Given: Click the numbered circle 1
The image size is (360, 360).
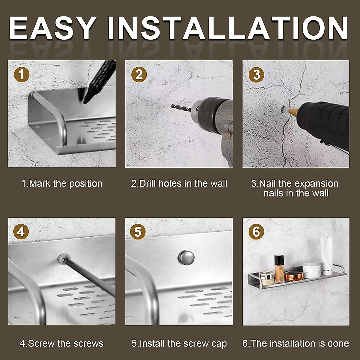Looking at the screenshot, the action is click(22, 75).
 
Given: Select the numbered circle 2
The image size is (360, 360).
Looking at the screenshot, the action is click(139, 74).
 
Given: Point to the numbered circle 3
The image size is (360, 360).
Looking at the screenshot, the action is click(256, 75).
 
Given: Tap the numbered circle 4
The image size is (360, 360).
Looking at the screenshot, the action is click(21, 232).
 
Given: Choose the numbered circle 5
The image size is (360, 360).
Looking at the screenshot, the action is click(138, 232).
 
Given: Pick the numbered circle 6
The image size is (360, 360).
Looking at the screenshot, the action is click(256, 232).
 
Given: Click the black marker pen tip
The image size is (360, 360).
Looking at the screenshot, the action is click(85, 102).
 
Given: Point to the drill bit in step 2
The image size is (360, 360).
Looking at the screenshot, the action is click(181, 108).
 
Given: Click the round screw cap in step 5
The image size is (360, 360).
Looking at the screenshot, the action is click(186, 258).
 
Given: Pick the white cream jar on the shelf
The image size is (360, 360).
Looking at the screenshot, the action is click(312, 270).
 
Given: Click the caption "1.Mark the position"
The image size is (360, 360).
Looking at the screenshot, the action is click(62, 184).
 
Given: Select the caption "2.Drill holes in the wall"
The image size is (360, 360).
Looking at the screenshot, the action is click(179, 184).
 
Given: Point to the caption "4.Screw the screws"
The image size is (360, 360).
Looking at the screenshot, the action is click(61, 343).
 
